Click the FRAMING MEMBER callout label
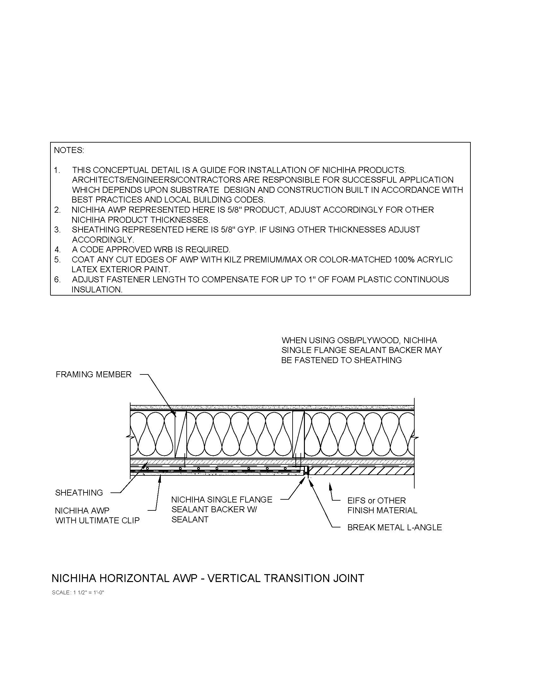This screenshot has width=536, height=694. (93, 374)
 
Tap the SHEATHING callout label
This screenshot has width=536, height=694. (79, 492)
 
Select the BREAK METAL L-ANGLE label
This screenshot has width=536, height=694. (394, 527)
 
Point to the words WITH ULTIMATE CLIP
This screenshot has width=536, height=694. (97, 520)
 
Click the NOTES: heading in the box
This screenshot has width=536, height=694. (69, 150)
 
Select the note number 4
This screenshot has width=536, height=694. (57, 250)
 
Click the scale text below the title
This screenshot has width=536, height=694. (78, 593)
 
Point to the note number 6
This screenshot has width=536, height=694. (57, 279)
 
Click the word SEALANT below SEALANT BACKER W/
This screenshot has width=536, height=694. (190, 520)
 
